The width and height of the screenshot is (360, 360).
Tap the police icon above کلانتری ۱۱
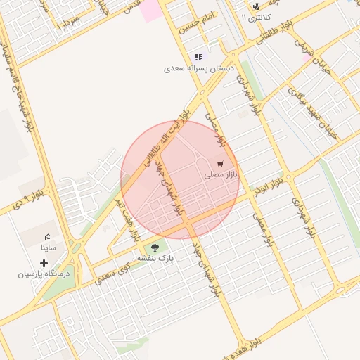(255, 6)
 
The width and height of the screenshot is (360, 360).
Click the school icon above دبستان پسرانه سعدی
(198, 57)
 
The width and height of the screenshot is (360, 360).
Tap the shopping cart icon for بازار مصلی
(220, 163)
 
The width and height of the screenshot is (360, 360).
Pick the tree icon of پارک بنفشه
(155, 247)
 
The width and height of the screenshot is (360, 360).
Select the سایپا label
(49, 248)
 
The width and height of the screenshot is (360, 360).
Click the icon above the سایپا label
(48, 238)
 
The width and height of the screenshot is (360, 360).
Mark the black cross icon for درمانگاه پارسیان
(44, 263)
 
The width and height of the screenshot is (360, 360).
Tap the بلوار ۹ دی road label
(28, 198)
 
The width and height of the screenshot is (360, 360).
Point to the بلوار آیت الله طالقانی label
(167, 136)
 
